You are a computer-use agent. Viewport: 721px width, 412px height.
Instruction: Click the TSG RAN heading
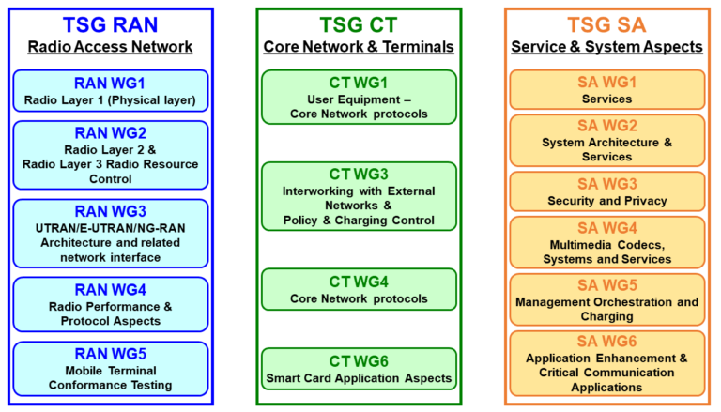pos(110,25)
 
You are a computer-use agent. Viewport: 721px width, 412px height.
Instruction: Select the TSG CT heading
pos(359,25)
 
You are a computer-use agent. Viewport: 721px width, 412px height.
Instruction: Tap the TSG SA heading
pos(606,25)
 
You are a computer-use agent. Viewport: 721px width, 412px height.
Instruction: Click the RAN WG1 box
pos(110,91)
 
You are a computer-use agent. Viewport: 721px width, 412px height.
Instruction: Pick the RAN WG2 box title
pos(110,132)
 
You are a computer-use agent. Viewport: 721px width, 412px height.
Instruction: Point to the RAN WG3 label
pos(110,211)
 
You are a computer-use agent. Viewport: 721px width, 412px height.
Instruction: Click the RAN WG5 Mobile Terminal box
pos(110,369)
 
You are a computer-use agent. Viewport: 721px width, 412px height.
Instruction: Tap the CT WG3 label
pos(359,174)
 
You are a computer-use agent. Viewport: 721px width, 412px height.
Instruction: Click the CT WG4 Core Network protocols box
pos(359,290)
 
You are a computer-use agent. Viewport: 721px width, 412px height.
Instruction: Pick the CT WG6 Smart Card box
pos(359,370)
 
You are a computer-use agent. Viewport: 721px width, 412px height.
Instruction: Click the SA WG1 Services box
pos(606,90)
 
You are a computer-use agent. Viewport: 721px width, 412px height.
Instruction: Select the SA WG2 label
pos(606,126)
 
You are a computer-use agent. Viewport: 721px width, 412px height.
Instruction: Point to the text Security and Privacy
pos(606,201)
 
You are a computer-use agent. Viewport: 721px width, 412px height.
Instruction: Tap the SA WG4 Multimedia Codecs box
pos(606,243)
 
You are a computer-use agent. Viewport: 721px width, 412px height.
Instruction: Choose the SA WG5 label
pos(606,285)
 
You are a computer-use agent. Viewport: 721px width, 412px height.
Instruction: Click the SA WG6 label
pos(606,341)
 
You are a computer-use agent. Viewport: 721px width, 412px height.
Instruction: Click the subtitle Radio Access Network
pos(110,47)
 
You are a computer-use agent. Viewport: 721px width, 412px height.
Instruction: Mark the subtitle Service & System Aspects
pos(606,47)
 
